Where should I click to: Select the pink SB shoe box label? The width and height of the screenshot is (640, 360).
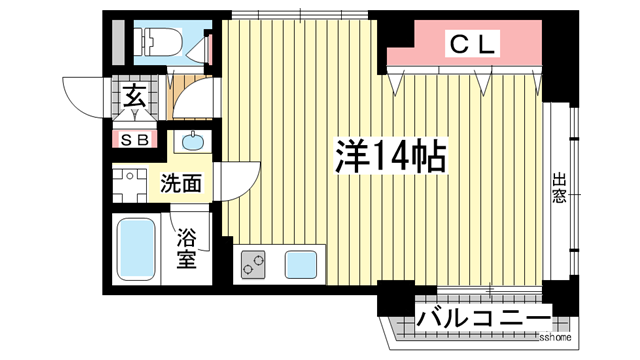135,140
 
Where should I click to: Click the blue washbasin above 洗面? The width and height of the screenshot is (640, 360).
190,141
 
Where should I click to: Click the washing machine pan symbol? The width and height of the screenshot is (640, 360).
128,186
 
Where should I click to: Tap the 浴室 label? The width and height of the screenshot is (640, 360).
187,250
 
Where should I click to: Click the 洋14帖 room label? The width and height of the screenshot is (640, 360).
389,156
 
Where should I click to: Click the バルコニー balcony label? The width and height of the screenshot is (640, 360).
484,322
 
